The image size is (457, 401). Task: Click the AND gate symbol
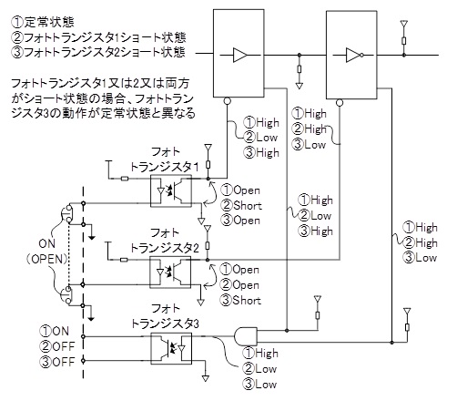coord(246,336)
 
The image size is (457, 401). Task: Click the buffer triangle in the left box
coord(239,55)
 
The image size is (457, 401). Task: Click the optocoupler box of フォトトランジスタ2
coord(170,272)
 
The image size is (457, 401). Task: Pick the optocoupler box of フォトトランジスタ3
coord(171,348)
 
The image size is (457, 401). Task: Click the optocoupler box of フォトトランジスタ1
coord(171,191)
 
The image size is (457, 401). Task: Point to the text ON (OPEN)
coord(47,251)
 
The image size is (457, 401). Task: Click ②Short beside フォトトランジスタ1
coord(241,205)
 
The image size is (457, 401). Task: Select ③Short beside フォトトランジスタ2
coord(240,300)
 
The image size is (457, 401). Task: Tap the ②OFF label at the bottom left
coord(57,346)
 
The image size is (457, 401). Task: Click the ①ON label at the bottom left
coord(55,331)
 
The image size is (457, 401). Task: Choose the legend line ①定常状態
coord(43,22)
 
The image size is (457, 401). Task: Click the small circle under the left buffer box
coord(227,101)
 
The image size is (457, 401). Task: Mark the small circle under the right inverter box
coord(340,103)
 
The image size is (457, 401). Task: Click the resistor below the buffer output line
coord(300,69)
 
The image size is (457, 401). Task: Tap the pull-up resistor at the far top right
coord(404,41)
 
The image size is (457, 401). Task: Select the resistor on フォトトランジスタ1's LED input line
coord(125,179)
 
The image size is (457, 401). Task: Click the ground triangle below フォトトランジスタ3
coord(206,378)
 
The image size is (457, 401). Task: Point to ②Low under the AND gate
coord(259,369)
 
